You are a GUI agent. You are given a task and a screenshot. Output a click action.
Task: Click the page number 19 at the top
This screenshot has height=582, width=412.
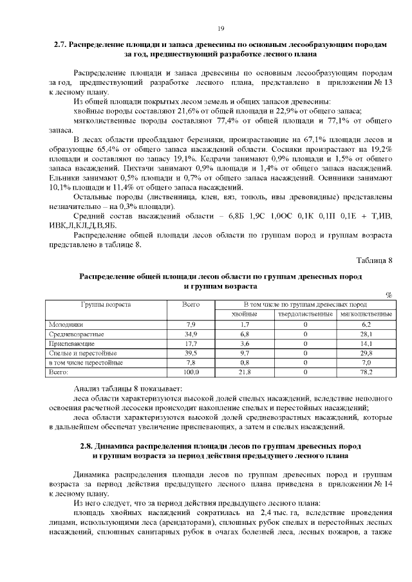220,28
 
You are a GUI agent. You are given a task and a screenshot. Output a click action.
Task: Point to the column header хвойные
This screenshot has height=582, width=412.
245,314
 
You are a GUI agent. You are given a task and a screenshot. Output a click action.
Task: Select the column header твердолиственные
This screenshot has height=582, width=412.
305,314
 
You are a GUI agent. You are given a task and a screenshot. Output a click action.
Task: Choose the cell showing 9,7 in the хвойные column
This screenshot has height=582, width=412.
245,354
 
